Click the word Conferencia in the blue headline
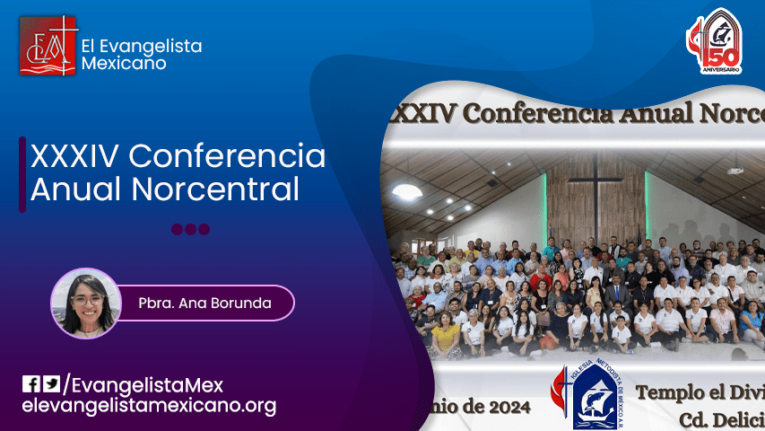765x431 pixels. [226, 156]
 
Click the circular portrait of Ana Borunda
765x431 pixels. [86, 303]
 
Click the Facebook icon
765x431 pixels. [31, 384]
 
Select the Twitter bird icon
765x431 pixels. [52, 384]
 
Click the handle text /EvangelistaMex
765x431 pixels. [143, 385]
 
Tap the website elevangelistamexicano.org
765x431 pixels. [149, 406]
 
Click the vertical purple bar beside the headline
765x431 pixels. [23, 173]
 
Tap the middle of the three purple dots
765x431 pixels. [190, 229]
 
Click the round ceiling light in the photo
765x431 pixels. [406, 191]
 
